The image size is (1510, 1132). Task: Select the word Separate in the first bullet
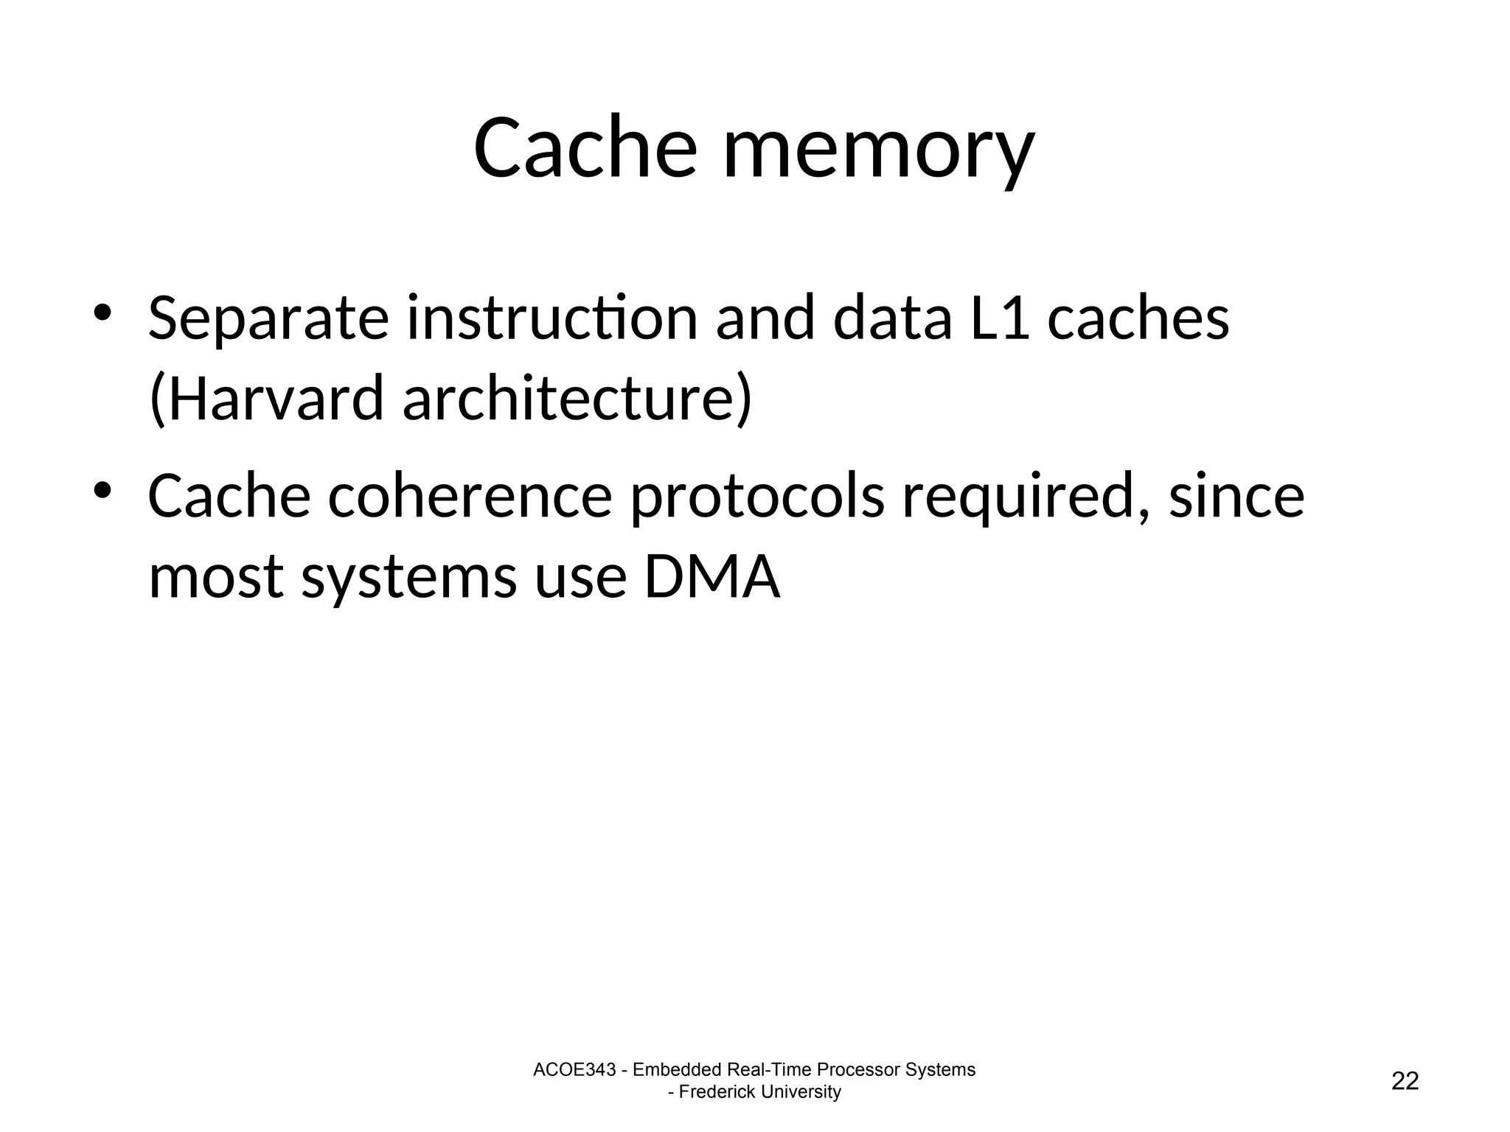pyautogui.click(x=268, y=319)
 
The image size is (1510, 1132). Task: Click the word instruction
pyautogui.click(x=552, y=319)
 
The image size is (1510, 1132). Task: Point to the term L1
pyautogui.click(x=1000, y=319)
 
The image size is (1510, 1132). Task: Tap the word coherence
pyautogui.click(x=470, y=497)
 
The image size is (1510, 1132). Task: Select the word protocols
pyautogui.click(x=756, y=497)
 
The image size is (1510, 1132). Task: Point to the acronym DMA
pyautogui.click(x=711, y=577)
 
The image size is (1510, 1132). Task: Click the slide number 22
pyautogui.click(x=1405, y=1081)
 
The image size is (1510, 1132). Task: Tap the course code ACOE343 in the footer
pyautogui.click(x=574, y=1070)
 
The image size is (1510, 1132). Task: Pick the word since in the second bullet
pyautogui.click(x=1236, y=497)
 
